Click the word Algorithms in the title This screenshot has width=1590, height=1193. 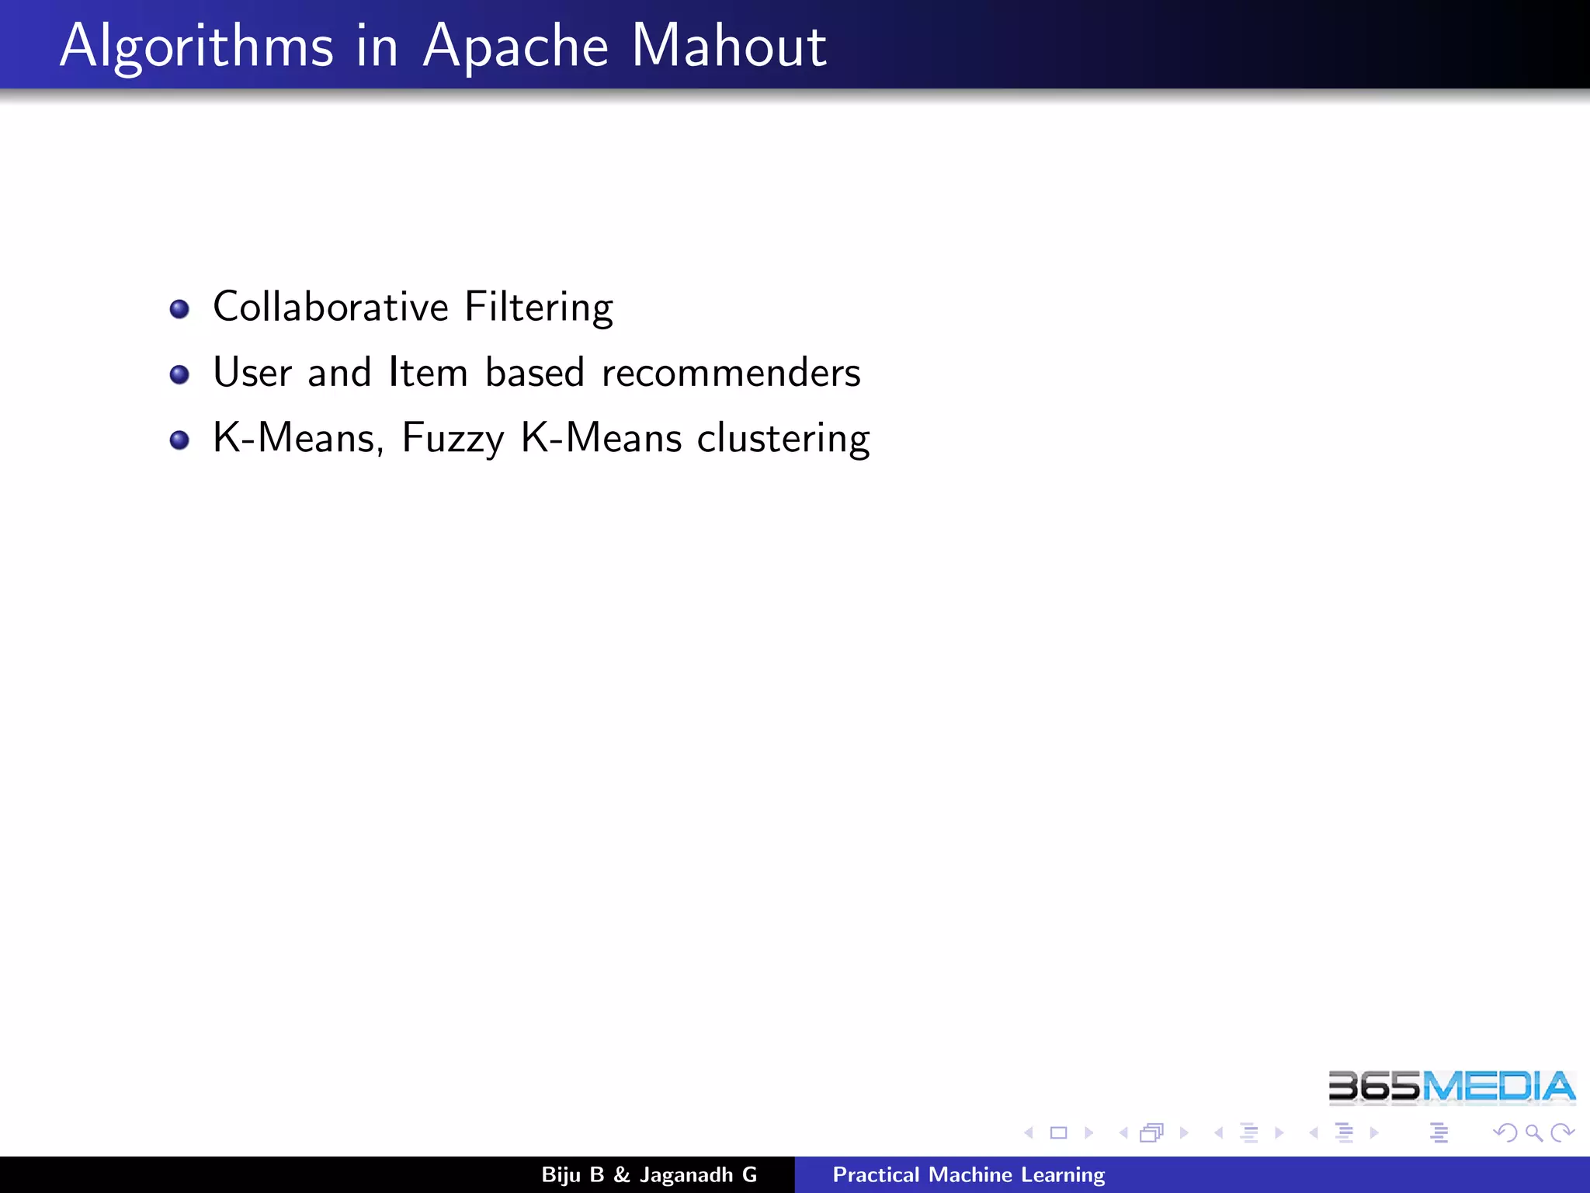196,47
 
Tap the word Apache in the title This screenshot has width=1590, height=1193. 516,47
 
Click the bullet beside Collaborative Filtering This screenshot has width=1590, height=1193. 179,309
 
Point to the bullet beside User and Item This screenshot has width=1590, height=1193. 179,374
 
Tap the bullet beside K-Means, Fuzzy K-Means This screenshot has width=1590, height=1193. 179,440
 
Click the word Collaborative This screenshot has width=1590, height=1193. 331,306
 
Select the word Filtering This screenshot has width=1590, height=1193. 539,308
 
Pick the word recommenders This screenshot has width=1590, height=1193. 731,373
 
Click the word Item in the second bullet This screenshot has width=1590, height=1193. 428,372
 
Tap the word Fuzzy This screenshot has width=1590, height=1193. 453,439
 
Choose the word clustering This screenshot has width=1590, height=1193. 783,439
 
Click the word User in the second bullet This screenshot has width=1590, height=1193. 252,372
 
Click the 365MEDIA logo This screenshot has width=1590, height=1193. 1451,1087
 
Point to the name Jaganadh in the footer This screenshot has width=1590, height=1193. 686,1175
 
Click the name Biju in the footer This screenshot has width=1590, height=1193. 561,1174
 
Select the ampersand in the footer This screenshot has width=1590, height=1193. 621,1174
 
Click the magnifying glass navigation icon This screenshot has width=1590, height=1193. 1533,1133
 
